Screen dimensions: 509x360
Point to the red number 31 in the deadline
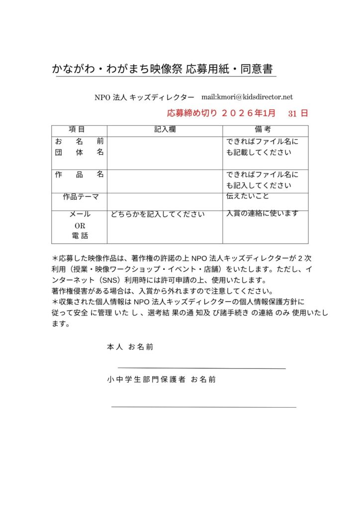pos(292,113)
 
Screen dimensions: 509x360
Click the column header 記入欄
pos(165,129)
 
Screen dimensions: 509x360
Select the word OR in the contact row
pos(80,225)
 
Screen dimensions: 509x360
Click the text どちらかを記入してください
pos(158,215)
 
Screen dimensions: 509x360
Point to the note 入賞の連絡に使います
pos(262,213)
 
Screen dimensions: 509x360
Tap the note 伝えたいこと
pos(248,196)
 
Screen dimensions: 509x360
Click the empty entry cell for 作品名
pos(165,181)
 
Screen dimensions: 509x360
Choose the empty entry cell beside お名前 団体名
pos(165,153)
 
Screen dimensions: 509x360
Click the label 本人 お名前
pos(130,347)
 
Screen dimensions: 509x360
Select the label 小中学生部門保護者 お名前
pos(161,379)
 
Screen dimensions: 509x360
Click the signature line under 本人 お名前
pos(201,368)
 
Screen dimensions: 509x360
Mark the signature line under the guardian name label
pos(203,407)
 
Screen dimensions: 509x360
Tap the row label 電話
pos(80,235)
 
